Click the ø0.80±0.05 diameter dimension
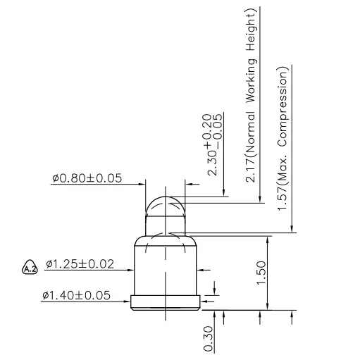click(x=86, y=178)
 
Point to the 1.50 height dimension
click(x=261, y=272)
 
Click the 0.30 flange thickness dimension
click(x=209, y=339)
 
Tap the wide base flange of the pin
click(x=166, y=304)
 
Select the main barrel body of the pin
click(x=166, y=268)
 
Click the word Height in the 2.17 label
click(x=250, y=31)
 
